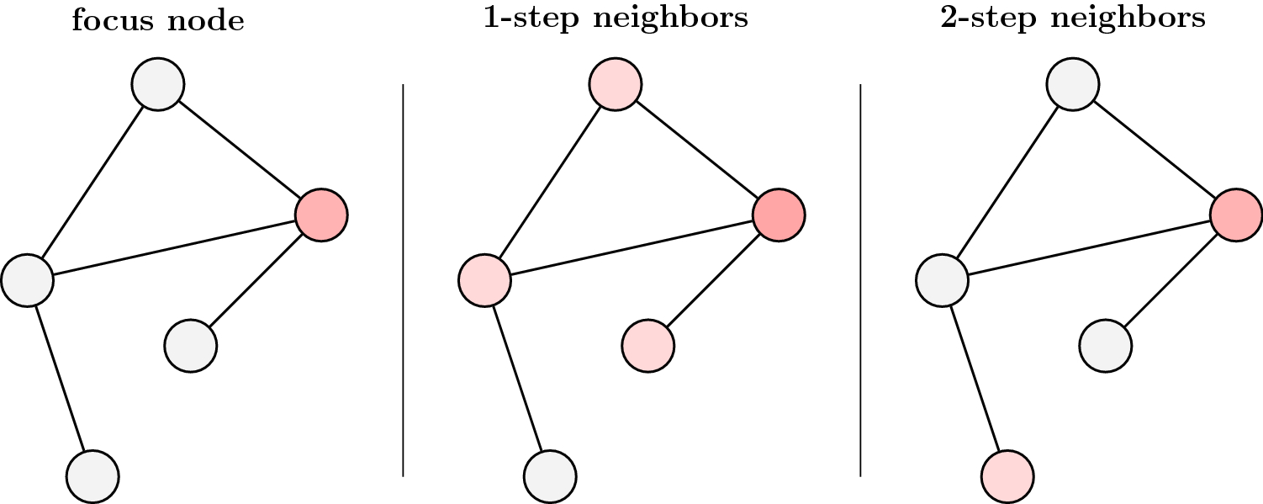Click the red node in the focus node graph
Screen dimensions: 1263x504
(321, 215)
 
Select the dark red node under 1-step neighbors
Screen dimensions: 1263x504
(779, 215)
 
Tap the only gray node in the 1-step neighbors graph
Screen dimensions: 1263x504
(550, 476)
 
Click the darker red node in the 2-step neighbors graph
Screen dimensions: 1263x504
(1236, 215)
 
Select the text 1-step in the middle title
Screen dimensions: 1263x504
(531, 18)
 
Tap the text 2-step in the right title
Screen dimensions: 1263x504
(989, 18)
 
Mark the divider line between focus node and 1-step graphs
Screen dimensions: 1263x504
(403, 280)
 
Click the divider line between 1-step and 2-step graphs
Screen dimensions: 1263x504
(860, 280)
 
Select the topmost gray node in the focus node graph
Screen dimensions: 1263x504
(158, 84)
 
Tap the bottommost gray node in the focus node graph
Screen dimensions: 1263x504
(93, 476)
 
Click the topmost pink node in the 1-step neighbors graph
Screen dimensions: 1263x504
(616, 84)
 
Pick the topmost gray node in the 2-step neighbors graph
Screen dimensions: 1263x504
(1072, 84)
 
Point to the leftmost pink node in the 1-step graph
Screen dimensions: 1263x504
(485, 280)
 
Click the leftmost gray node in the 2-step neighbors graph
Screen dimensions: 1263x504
(942, 280)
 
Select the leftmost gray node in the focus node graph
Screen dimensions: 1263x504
(28, 280)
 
